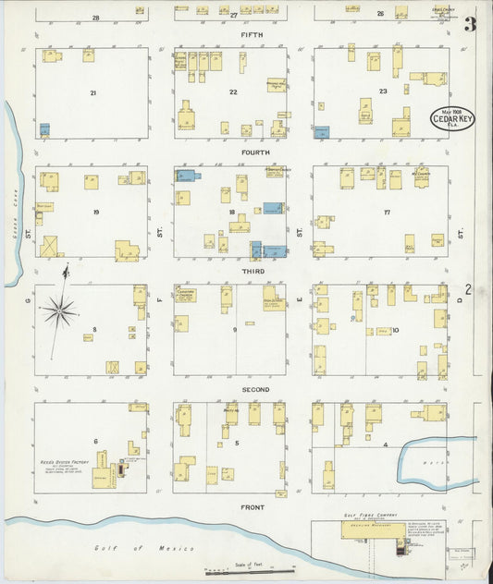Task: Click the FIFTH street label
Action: [x=252, y=35]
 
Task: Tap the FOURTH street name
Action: [x=255, y=152]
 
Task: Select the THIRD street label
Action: [x=253, y=271]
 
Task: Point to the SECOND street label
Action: [x=255, y=389]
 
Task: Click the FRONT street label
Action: [x=253, y=507]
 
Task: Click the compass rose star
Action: [x=60, y=310]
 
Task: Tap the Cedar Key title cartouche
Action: [x=450, y=119]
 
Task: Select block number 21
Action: [x=93, y=93]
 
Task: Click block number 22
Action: [x=233, y=91]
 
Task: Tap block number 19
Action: [x=96, y=212]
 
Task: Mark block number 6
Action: [x=95, y=441]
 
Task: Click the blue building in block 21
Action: [x=43, y=129]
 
